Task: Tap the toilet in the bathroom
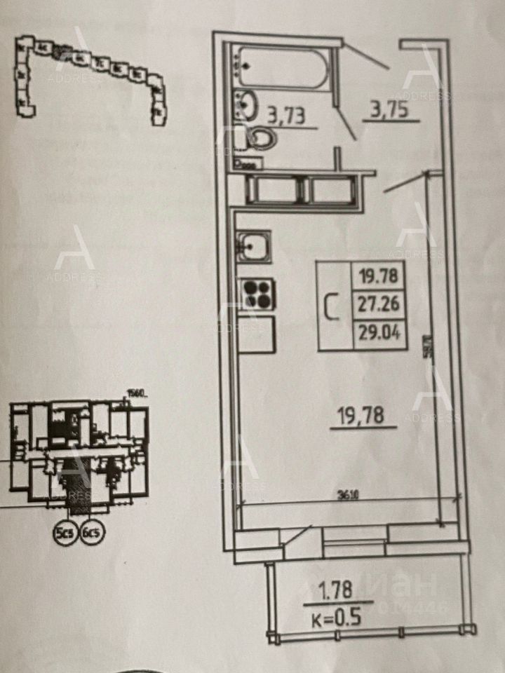260,138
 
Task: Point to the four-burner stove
257,294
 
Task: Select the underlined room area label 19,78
363,418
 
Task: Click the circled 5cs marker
65,533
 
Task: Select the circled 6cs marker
92,533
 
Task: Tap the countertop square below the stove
257,335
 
